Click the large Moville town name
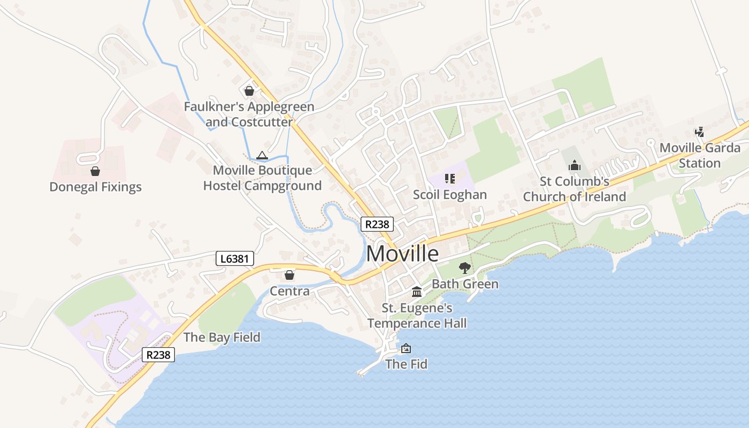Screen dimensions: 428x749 pos(403,254)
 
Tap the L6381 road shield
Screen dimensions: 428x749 pos(234,259)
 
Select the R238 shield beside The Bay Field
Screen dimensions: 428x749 pos(158,354)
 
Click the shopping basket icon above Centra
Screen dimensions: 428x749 pos(289,275)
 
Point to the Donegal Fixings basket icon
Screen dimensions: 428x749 pos(95,171)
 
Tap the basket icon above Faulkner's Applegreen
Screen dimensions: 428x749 pos(249,91)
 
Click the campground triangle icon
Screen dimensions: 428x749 pos(262,156)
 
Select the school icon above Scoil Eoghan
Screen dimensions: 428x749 pos(449,178)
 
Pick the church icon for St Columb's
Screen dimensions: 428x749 pos(575,165)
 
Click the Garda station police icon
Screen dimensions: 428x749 pos(699,132)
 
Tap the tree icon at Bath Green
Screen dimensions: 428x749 pos(464,267)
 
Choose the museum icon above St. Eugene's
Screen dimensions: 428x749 pos(417,292)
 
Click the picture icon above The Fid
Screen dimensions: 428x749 pos(406,348)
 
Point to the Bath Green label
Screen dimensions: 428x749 pos(465,284)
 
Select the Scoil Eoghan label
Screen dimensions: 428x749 pos(449,194)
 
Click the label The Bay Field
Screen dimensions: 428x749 pos(221,337)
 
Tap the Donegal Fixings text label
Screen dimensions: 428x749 pos(95,187)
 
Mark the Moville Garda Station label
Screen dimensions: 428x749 pos(700,155)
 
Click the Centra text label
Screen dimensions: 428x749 pos(289,291)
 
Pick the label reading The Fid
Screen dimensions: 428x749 pos(406,364)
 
